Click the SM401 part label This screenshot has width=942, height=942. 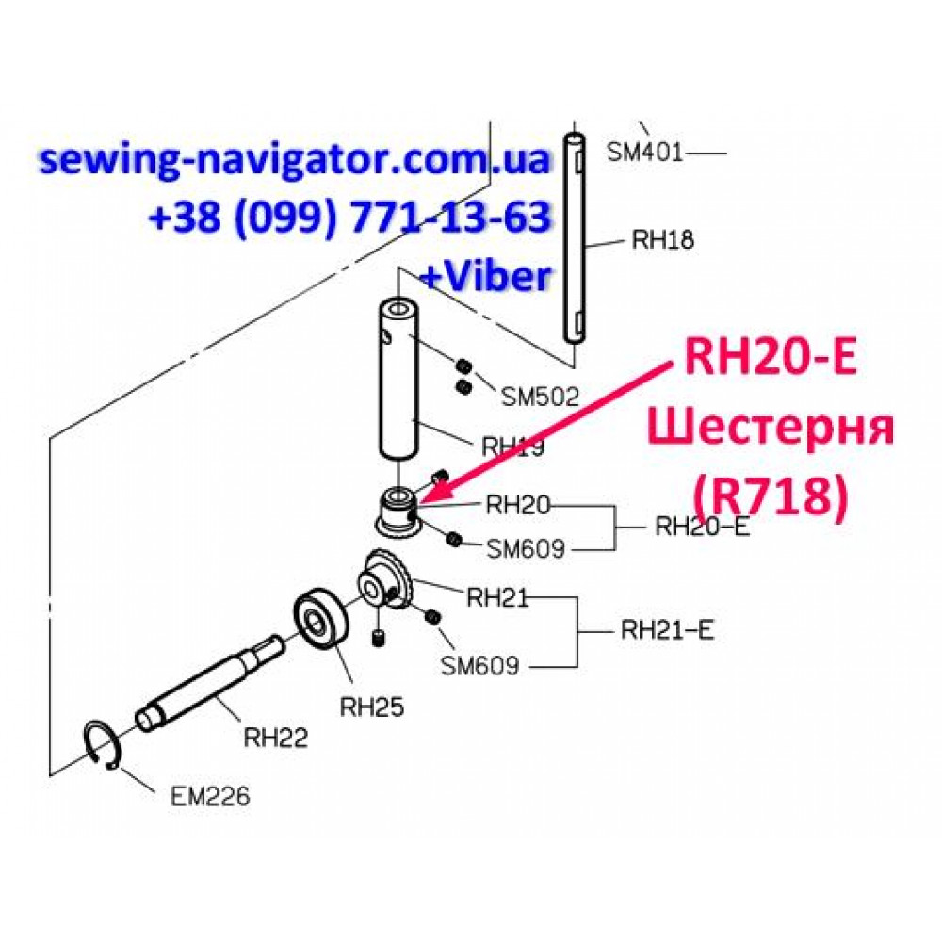[644, 152]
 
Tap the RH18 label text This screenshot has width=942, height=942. [662, 239]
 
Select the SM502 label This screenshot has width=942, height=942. [540, 397]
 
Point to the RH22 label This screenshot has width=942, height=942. [275, 738]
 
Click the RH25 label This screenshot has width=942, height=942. [372, 707]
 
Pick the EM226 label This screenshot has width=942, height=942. [210, 797]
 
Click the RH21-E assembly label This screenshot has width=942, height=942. [667, 630]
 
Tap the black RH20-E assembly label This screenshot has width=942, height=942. [703, 527]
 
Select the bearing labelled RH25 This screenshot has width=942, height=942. [321, 622]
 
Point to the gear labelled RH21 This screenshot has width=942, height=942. [385, 580]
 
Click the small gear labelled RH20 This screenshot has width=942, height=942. [398, 512]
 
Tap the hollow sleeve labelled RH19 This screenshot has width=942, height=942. [398, 381]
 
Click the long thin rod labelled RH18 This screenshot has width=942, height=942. [574, 238]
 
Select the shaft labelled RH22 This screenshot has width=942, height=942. [210, 682]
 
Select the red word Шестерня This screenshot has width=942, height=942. [771, 428]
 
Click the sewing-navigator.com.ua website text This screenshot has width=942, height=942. [294, 160]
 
